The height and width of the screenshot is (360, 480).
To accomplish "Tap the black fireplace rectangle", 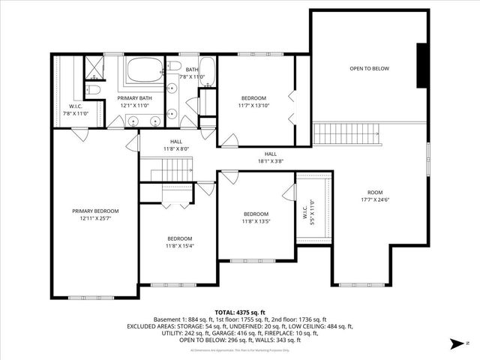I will [x=423, y=67].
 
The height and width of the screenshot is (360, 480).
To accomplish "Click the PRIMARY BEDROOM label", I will [x=95, y=215].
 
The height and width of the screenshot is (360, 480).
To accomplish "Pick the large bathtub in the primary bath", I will [x=142, y=72].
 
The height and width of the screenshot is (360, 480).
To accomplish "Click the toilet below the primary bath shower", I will [x=92, y=90].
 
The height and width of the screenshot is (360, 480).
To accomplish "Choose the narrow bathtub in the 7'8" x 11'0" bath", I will [x=208, y=73].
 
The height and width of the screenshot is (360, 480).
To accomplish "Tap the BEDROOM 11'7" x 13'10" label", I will [x=253, y=102].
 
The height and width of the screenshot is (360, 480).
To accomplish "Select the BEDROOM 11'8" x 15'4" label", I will [x=179, y=242].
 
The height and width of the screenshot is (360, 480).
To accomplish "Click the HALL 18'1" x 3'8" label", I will [x=270, y=157].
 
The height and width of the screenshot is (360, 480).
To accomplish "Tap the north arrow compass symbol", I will [x=454, y=344].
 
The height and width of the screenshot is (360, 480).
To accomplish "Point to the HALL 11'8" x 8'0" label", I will [x=175, y=145].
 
